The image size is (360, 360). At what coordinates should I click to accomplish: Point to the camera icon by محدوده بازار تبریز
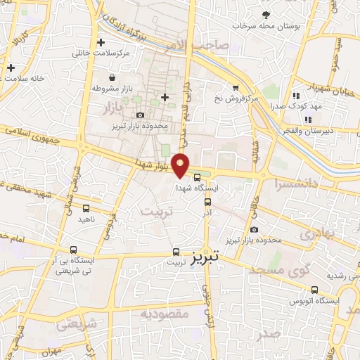click(140, 115)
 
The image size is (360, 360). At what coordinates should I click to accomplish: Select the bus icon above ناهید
click(86, 208)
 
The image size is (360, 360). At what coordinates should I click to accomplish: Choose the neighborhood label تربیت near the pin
click(155, 211)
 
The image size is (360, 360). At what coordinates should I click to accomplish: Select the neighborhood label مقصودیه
click(165, 314)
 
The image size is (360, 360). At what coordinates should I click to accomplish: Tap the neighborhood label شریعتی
click(75, 325)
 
